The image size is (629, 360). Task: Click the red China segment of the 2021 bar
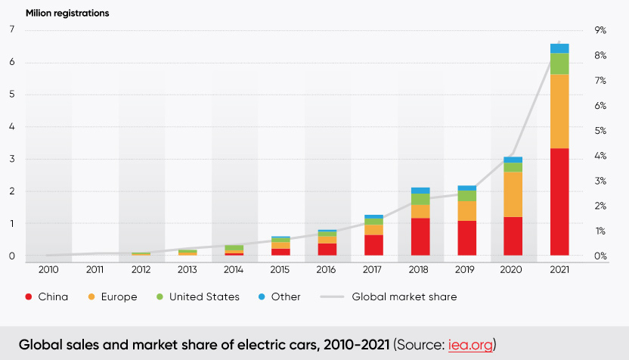559,202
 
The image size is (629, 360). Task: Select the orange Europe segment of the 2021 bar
559,111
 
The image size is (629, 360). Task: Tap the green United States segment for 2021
559,64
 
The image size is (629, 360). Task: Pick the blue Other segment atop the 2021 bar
559,48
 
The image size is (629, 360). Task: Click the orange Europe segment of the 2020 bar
513,194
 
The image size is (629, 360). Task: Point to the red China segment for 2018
420,237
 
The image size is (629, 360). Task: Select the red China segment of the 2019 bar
467,238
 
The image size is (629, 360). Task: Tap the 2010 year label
48,269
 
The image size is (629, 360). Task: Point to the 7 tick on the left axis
11,30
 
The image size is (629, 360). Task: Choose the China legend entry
47,297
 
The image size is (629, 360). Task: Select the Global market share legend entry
393,297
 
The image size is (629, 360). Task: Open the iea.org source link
473,344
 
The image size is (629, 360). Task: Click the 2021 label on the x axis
559,269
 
